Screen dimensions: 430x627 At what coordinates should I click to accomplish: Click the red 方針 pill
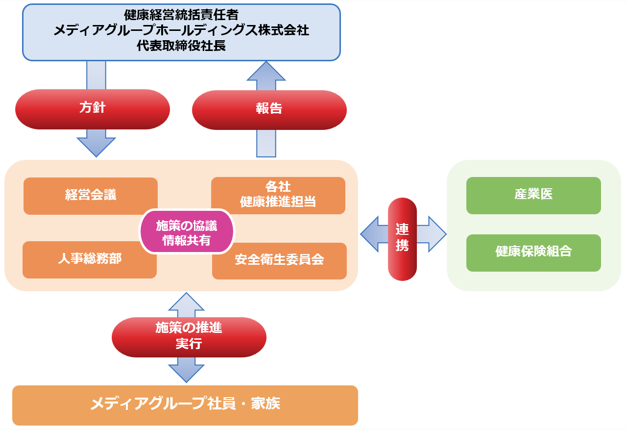(93, 109)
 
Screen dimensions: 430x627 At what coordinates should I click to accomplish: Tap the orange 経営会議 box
(91, 196)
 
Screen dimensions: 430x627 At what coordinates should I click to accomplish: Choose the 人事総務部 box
(90, 259)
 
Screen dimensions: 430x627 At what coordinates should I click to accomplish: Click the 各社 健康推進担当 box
(278, 195)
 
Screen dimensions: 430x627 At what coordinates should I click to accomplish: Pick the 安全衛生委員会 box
(279, 260)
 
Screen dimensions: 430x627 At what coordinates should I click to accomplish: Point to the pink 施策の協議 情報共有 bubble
(187, 232)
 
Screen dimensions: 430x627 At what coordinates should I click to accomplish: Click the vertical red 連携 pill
(402, 238)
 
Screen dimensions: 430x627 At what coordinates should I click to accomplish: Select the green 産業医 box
(533, 195)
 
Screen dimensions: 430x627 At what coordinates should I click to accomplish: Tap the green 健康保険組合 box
(533, 253)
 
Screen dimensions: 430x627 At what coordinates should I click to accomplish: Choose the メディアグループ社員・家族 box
(185, 405)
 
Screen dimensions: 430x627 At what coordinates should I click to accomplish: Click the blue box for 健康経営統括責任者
(181, 32)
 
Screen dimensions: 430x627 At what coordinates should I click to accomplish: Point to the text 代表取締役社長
(181, 46)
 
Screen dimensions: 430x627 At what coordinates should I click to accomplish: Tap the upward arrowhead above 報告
(266, 71)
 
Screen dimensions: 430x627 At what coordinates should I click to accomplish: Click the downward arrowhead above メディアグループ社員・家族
(186, 373)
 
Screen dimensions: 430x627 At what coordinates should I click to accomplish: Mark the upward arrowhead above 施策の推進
(186, 302)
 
